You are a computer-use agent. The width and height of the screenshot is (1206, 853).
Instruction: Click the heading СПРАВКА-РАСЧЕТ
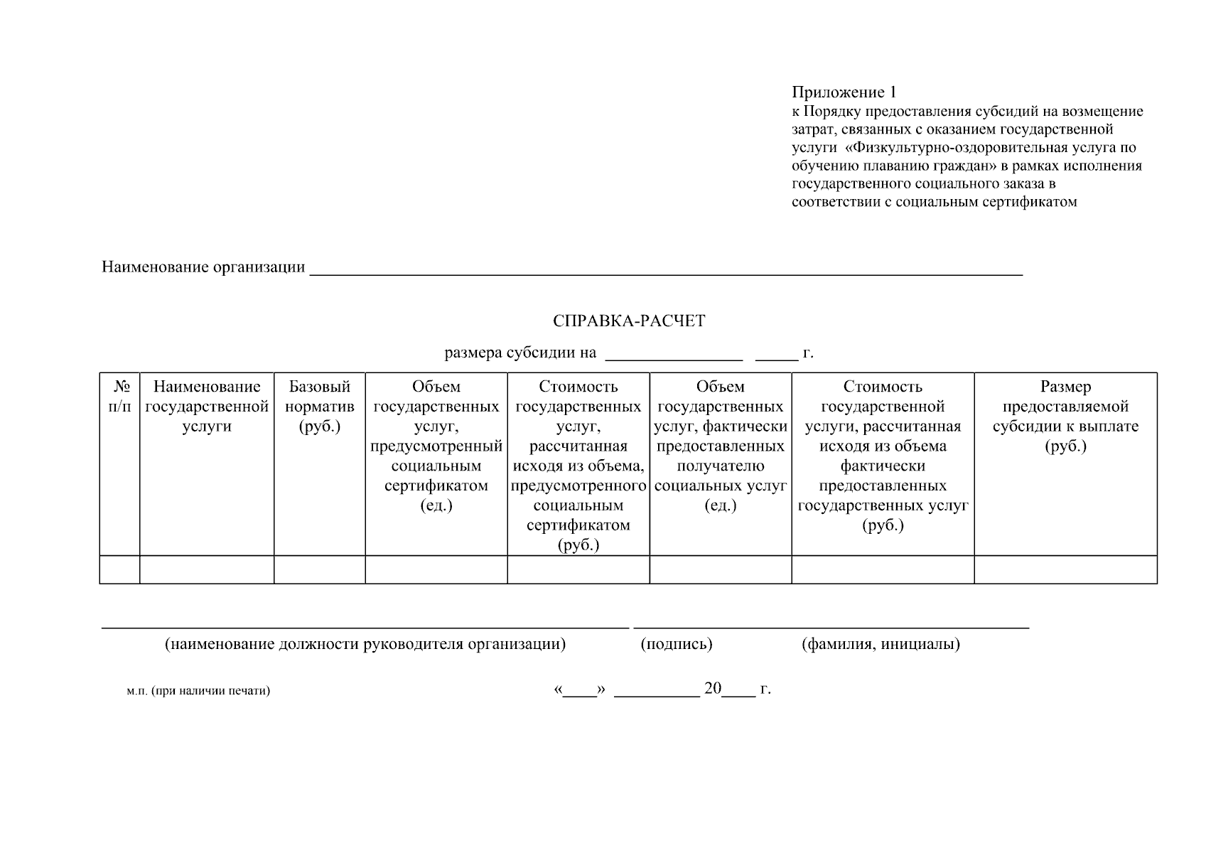coord(629,321)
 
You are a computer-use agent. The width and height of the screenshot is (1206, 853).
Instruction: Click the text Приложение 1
coord(844,92)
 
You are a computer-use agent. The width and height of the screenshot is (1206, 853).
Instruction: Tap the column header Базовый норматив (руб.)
coord(320,407)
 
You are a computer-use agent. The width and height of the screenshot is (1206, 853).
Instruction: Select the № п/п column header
coord(120,397)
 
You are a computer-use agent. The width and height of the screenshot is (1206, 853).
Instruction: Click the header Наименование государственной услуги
coord(207,407)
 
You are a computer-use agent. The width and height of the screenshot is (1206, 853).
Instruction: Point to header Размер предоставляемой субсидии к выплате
coord(1065,417)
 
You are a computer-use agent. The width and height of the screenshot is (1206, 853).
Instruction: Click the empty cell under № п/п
coord(120,570)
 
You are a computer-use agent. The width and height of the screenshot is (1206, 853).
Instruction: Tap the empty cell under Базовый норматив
coord(320,570)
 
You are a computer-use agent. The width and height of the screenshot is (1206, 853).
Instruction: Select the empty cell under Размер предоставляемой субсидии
coord(1065,570)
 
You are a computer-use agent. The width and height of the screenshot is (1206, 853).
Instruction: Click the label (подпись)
coord(677,645)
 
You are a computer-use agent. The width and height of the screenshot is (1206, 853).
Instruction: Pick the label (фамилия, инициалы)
coord(881,645)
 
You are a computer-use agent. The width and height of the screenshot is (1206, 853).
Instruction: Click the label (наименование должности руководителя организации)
coord(365,645)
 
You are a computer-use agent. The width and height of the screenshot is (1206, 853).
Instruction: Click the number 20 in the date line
coord(713,688)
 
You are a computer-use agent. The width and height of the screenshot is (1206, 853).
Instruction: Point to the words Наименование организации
coord(203,267)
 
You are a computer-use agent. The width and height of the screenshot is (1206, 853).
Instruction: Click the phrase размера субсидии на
coord(520,353)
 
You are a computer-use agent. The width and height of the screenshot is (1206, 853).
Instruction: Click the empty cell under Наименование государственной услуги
coord(207,570)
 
